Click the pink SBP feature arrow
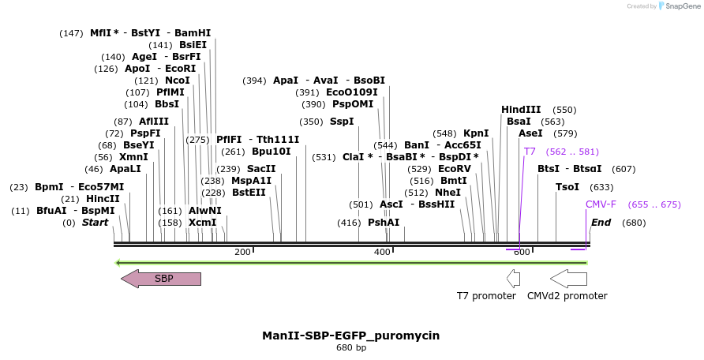click(161, 279)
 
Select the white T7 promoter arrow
click(514, 279)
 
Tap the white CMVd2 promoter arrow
click(568, 279)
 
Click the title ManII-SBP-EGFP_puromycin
click(350, 336)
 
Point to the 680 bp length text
click(350, 348)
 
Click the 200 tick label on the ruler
click(242, 252)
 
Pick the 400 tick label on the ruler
click(382, 252)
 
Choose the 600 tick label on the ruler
click(522, 252)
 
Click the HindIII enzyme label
click(521, 110)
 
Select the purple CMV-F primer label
click(601, 204)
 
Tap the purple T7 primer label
click(530, 152)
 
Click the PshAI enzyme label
click(384, 223)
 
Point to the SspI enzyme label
click(342, 122)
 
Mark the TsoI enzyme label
click(567, 187)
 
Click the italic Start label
click(95, 223)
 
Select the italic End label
click(601, 223)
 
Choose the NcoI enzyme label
click(177, 81)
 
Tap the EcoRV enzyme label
click(454, 169)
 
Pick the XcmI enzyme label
click(202, 223)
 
